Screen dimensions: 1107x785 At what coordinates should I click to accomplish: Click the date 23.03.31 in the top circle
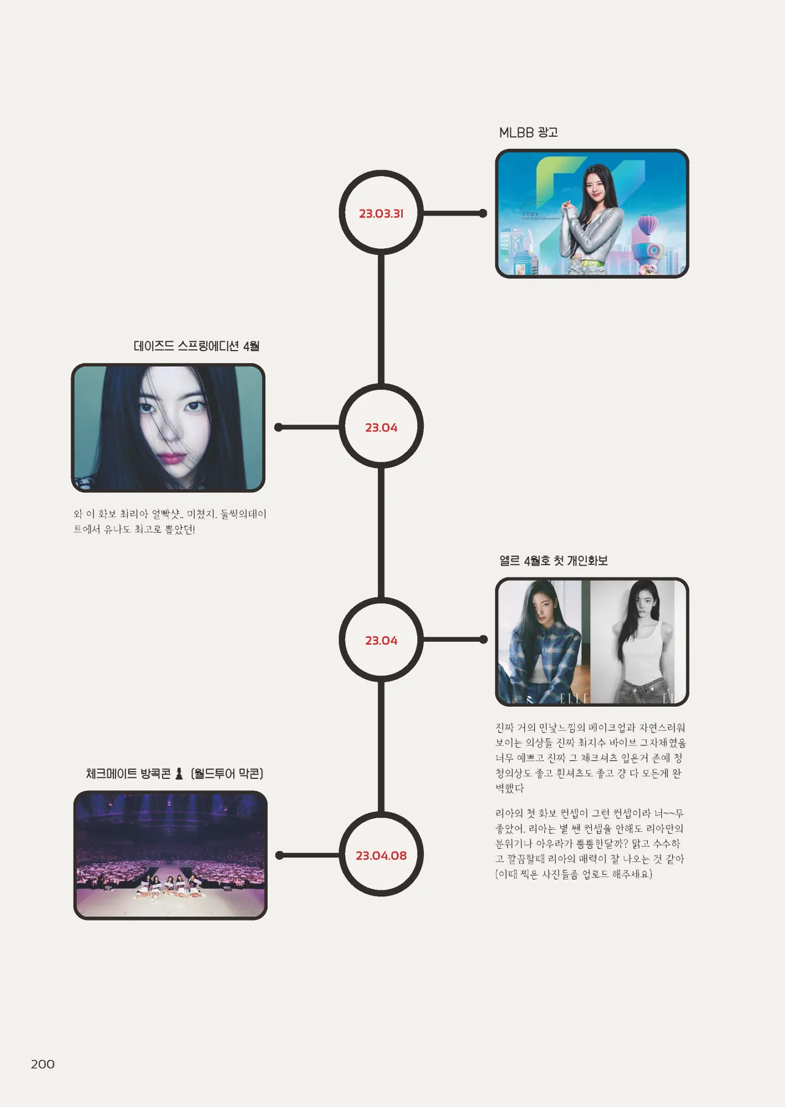click(x=381, y=213)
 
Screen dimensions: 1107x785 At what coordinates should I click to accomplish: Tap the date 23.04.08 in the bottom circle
click(x=381, y=855)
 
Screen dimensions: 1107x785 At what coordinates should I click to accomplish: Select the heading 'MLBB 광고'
click(x=528, y=132)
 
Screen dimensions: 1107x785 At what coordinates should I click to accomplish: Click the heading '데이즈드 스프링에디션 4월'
click(x=196, y=346)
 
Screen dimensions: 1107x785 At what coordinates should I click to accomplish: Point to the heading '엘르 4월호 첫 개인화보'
click(x=553, y=560)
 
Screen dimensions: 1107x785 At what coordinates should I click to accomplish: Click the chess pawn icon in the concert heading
click(x=179, y=774)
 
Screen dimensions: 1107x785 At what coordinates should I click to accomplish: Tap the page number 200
click(x=42, y=1064)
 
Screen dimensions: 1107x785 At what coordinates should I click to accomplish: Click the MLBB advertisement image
click(x=592, y=213)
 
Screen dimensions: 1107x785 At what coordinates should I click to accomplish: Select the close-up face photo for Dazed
click(x=168, y=427)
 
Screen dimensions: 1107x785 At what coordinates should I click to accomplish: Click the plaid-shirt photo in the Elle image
click(x=543, y=641)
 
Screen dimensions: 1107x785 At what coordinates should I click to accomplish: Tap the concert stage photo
click(x=170, y=854)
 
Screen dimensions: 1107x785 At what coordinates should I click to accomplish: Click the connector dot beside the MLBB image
click(x=483, y=213)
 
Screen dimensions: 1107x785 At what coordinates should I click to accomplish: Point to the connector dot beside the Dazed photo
click(x=278, y=427)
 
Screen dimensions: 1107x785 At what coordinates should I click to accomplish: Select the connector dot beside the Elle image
click(x=483, y=639)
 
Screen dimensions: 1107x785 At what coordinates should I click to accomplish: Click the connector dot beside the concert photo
click(x=279, y=855)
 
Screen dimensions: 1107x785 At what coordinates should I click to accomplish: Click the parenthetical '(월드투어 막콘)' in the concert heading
click(x=227, y=774)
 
